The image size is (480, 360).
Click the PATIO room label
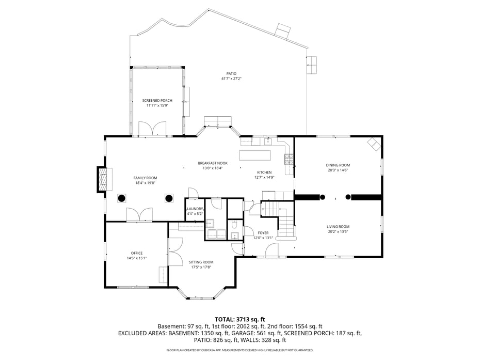[231, 73]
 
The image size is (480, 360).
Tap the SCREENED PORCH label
[157, 100]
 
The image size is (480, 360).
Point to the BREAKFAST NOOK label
[212, 163]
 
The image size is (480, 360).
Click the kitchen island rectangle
[254, 155]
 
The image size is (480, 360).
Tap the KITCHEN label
[264, 173]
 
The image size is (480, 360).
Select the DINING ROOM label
[338, 165]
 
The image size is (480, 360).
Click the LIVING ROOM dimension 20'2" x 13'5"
[338, 232]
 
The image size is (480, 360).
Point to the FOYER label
[263, 233]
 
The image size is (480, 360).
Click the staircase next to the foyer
[279, 219]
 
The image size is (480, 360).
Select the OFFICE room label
[137, 253]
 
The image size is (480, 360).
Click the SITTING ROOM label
[201, 262]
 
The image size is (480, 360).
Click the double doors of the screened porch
[152, 129]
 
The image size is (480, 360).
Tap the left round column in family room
[122, 198]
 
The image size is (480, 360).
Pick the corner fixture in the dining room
[374, 144]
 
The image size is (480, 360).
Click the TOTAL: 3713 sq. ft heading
[239, 319]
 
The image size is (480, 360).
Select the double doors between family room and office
[139, 215]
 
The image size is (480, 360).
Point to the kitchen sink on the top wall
[268, 140]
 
